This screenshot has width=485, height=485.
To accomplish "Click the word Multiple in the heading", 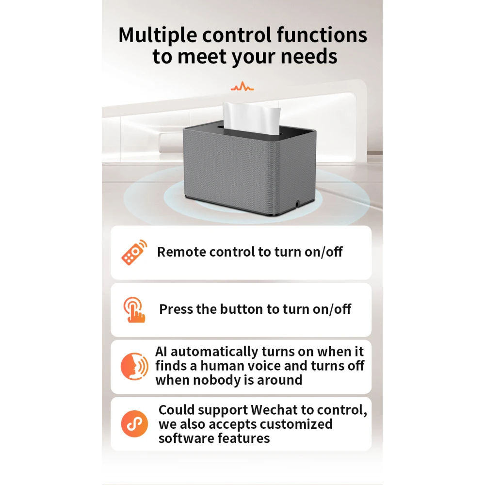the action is pos(158,35).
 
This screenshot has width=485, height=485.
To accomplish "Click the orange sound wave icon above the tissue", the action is pos(242,86).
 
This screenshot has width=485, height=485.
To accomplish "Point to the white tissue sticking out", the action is pos(251,119).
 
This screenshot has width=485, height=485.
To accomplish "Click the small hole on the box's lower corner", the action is pos(298,204).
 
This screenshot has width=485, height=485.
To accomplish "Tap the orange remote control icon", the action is pos(134,252).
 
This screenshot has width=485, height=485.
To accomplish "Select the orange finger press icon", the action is pos(134,309).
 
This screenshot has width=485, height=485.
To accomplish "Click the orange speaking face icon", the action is pos(134,367).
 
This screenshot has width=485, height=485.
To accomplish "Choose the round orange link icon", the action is pos(134,424).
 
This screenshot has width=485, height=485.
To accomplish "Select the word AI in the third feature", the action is pos(161,352).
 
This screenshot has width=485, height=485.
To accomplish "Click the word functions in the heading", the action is pos(322,34).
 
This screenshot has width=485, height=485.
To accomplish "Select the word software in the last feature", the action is pos(186,438).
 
